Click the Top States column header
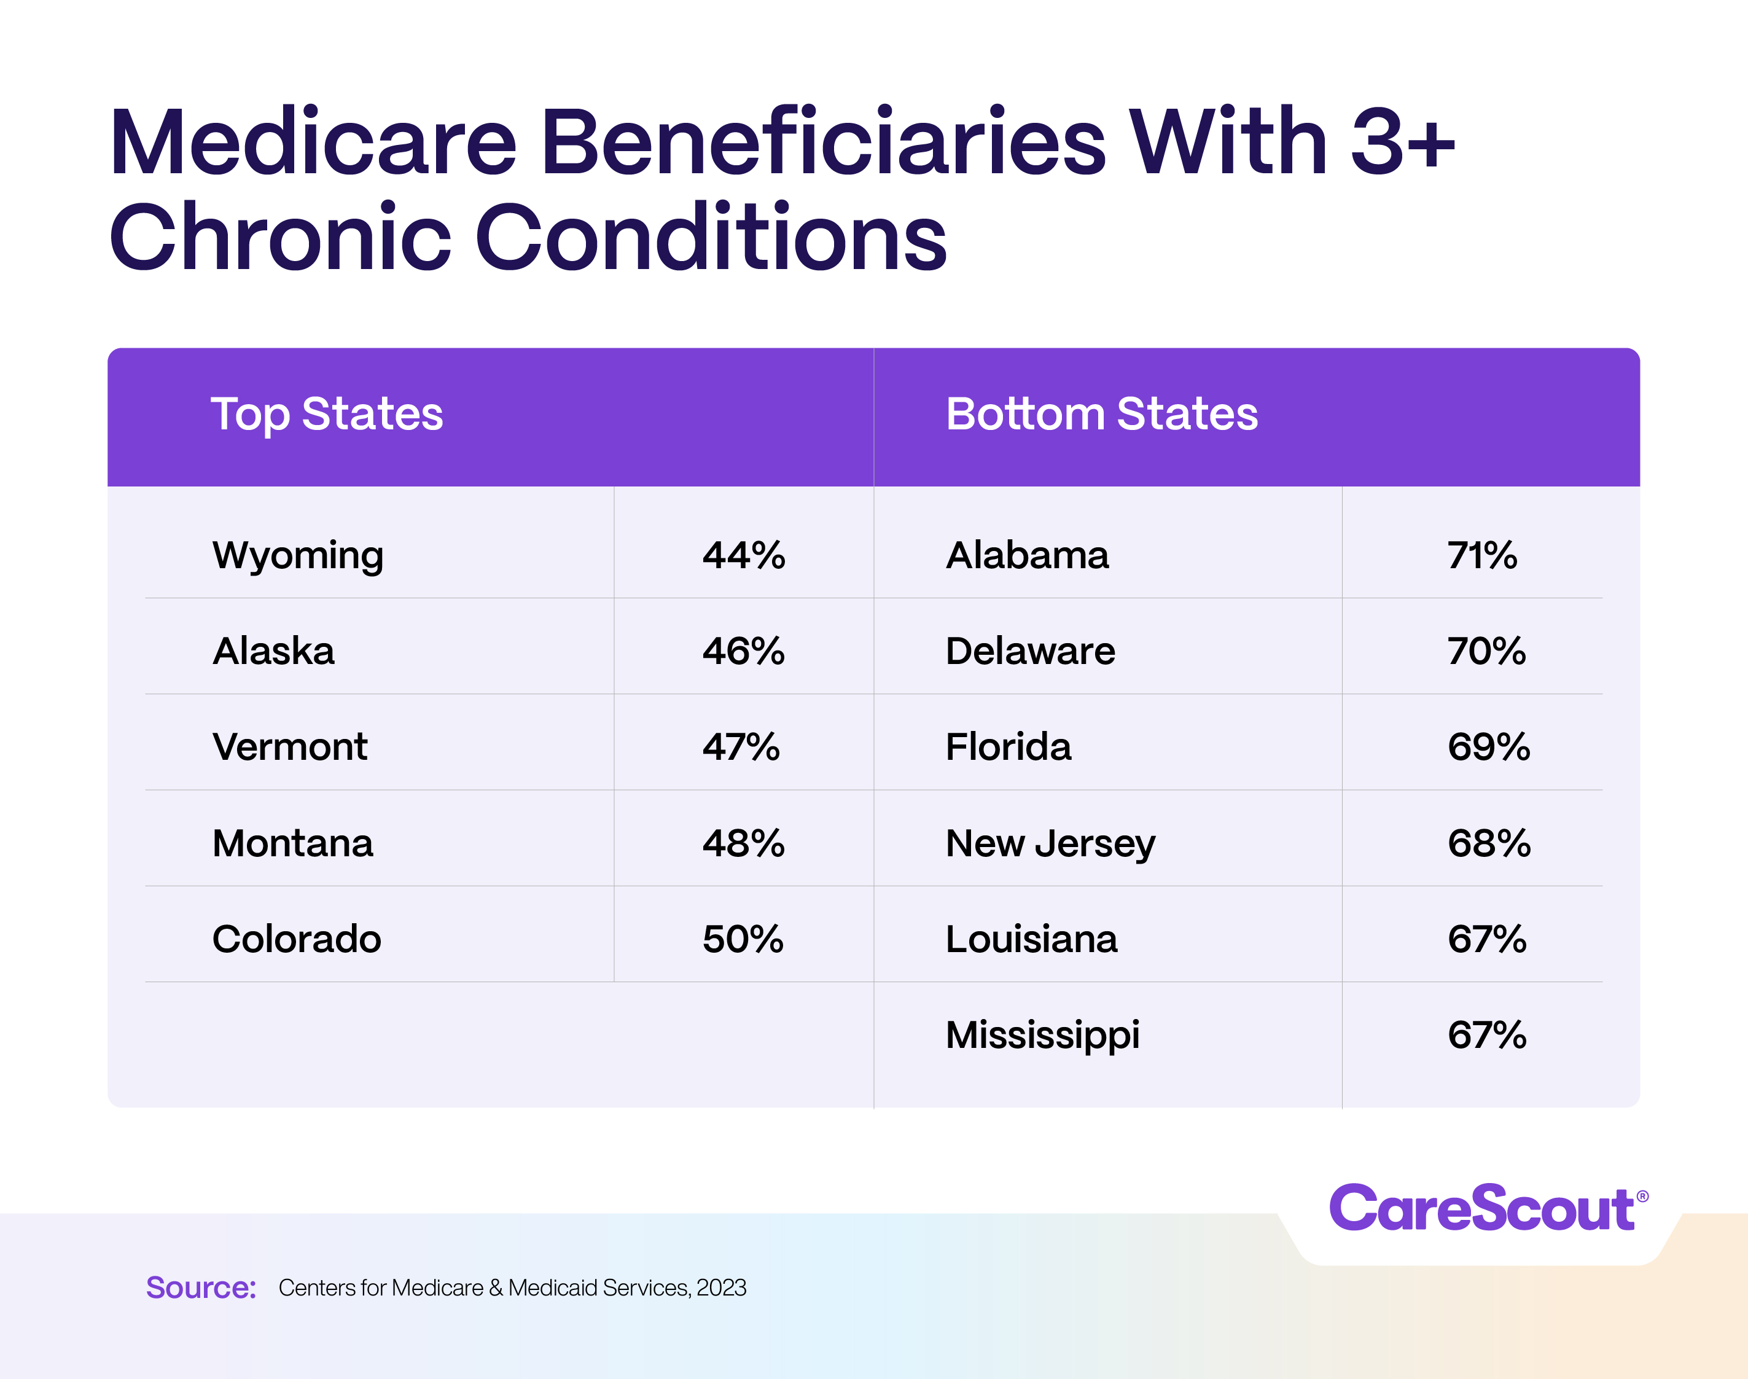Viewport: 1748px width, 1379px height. tap(327, 414)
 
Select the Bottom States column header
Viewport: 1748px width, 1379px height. tap(1101, 414)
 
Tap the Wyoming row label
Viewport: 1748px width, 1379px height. tap(298, 555)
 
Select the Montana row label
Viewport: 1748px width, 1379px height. tap(292, 843)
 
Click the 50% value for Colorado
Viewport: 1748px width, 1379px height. tap(743, 939)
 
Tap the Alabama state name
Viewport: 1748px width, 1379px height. tap(1027, 555)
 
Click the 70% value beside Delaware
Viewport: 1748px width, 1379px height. tap(1486, 650)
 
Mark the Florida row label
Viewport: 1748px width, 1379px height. tap(1009, 747)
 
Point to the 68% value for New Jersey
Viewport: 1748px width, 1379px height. tap(1489, 843)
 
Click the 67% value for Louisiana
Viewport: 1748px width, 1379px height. tap(1486, 939)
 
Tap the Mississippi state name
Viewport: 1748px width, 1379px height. tap(1042, 1035)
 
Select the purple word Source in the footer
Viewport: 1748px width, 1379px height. tap(200, 1287)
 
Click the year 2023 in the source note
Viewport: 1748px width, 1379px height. tap(721, 1287)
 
